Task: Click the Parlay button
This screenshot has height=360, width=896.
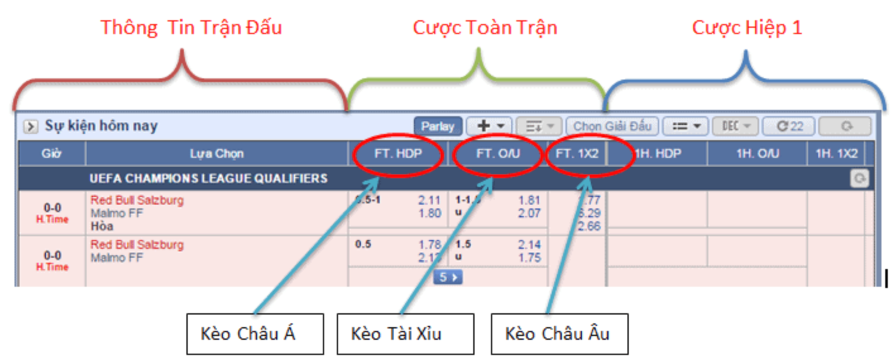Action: pos(438,126)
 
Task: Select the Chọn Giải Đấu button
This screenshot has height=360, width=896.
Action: pos(612,126)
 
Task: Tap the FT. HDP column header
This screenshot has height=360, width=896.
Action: pos(398,153)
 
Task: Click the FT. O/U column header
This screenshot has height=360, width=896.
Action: pos(498,153)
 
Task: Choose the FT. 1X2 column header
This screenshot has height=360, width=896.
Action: pos(578,153)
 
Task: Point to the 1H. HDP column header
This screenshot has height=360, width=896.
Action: pos(657,153)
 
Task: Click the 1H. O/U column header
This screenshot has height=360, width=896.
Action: pos(757,153)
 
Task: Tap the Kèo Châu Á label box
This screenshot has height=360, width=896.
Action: pos(255,333)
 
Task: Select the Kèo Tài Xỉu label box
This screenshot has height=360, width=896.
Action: pos(404,333)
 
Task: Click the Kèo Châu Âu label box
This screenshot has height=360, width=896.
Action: pos(559,333)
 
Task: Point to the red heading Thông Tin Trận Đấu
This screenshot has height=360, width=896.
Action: pos(191,28)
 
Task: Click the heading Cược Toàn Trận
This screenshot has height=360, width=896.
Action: pos(485,28)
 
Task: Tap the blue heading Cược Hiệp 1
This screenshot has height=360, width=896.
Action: pos(747,28)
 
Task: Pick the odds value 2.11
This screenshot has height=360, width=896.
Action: pos(430,200)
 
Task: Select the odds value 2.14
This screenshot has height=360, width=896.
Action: pos(530,244)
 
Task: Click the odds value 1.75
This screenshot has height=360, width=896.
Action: pos(530,258)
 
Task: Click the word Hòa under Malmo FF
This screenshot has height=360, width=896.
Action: pos(102,226)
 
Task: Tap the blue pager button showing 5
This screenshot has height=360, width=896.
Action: pos(447,277)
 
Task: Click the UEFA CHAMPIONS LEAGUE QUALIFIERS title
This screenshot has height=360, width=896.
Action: pos(209,179)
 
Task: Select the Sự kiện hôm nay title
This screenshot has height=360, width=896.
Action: pos(101,126)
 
